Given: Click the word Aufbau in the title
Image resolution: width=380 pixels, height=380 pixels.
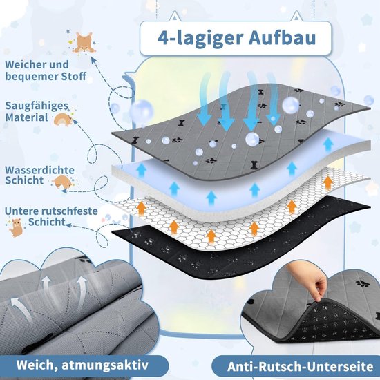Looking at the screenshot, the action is (x=282, y=38).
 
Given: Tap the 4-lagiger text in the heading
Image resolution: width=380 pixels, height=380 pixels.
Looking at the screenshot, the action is (x=200, y=39).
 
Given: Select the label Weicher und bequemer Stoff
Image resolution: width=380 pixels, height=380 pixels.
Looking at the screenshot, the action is (x=46, y=70).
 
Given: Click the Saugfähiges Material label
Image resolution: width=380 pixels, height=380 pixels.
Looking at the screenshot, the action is (x=37, y=111).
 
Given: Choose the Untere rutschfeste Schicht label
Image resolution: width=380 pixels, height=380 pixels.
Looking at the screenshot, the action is (x=51, y=216).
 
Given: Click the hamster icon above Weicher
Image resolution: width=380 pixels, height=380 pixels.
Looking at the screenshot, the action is (x=84, y=43).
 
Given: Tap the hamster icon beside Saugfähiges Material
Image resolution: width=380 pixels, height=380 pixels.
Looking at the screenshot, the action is (x=64, y=120).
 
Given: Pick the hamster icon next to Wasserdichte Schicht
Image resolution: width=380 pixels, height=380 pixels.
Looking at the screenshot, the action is (x=63, y=182).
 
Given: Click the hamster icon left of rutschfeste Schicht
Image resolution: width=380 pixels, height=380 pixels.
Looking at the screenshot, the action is (x=17, y=227).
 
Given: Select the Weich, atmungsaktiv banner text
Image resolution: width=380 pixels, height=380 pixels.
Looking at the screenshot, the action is (x=82, y=365).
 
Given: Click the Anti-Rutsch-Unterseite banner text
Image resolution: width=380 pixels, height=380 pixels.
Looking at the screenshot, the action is (x=301, y=366).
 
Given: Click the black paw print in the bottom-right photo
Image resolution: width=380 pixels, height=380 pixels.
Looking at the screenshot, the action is (x=363, y=283).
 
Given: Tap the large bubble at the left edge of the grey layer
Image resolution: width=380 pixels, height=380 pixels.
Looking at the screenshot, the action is (x=141, y=111).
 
